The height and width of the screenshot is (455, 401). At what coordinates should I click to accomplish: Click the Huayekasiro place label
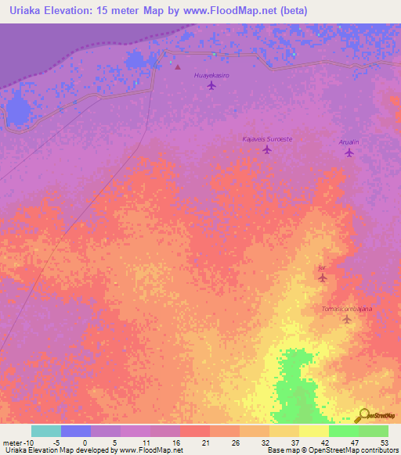pyautogui.click(x=211, y=75)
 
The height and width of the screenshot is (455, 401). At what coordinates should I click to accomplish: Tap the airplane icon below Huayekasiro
pyautogui.click(x=211, y=85)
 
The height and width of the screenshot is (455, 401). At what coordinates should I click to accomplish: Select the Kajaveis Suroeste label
pyautogui.click(x=267, y=138)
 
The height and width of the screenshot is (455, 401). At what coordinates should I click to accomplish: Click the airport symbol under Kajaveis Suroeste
pyautogui.click(x=267, y=149)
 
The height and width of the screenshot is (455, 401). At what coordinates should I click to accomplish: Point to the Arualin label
pyautogui.click(x=349, y=142)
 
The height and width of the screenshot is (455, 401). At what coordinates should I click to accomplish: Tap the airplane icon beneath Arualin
pyautogui.click(x=349, y=152)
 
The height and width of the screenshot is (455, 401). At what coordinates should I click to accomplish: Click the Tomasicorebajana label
pyautogui.click(x=346, y=309)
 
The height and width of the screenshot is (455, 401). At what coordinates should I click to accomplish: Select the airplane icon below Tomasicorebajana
pyautogui.click(x=346, y=319)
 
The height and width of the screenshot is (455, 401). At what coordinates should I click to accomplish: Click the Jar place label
pyautogui.click(x=322, y=267)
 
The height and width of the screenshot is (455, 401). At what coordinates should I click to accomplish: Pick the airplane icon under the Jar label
pyautogui.click(x=322, y=277)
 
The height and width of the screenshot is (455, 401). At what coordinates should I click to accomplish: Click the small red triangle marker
pyautogui.click(x=177, y=67)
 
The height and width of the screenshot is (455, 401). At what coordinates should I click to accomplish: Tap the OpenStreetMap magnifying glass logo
pyautogui.click(x=363, y=414)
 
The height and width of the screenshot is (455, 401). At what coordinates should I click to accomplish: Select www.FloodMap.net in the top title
pyautogui.click(x=240, y=11)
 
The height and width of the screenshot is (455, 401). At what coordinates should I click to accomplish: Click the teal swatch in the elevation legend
pyautogui.click(x=46, y=431)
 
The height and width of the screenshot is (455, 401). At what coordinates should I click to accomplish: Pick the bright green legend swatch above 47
pyautogui.click(x=344, y=431)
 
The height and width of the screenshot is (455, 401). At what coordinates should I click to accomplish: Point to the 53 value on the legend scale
pyautogui.click(x=384, y=442)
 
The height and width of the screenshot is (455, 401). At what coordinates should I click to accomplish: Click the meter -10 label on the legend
pyautogui.click(x=16, y=442)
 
